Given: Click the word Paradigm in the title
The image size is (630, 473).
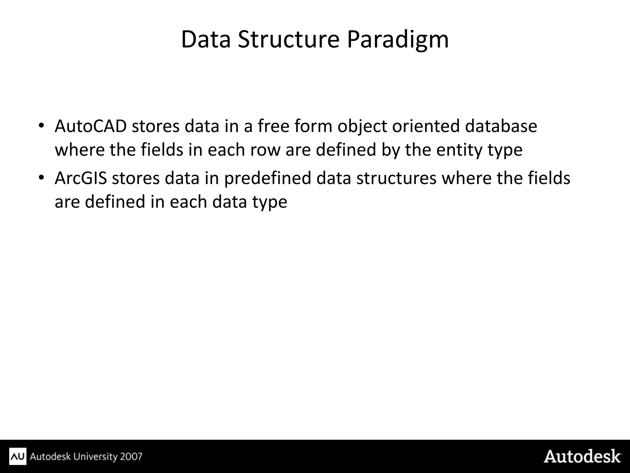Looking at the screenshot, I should pos(397,40).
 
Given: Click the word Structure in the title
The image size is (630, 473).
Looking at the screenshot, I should pos(288,39).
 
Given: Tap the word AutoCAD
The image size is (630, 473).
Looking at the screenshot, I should pos(91,126).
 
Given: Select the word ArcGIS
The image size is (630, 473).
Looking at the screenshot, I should pos(81,178).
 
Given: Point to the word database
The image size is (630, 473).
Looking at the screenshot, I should pos(500,126).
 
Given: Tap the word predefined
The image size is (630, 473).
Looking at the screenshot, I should pos(267,178).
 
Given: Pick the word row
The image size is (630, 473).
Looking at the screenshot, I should pos(265,150).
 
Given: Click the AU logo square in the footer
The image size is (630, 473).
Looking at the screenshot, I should pos(18,456).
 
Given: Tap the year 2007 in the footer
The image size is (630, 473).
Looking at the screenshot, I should pos(131,456).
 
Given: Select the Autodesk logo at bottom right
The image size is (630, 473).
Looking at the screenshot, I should pos(582,456).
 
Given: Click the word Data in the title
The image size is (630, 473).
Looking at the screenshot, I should pos(205,39).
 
